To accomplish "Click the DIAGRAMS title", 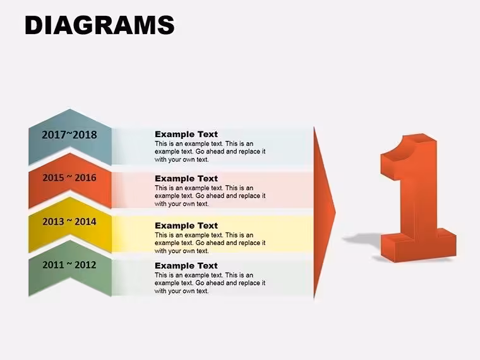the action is click(100, 25).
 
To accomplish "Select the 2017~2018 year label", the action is click(69, 135).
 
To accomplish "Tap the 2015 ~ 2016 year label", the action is click(69, 177).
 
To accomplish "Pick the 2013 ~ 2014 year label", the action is click(69, 221).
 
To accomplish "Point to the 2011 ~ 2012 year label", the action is click(69, 265).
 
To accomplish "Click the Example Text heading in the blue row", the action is click(186, 134).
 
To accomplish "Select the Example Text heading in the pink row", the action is click(186, 179).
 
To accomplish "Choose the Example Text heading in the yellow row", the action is click(186, 225).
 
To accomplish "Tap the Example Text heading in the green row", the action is click(186, 266).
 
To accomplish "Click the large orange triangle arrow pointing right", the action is click(323, 213).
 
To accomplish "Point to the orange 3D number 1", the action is click(418, 198).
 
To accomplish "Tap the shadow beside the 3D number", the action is click(361, 239).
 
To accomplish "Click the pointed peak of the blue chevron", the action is click(70, 109).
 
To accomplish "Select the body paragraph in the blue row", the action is click(210, 152).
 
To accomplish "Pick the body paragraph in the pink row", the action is click(210, 196).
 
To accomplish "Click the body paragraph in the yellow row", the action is click(210, 243).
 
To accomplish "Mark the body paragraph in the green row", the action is click(210, 283).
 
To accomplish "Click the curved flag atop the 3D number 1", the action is click(404, 148).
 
